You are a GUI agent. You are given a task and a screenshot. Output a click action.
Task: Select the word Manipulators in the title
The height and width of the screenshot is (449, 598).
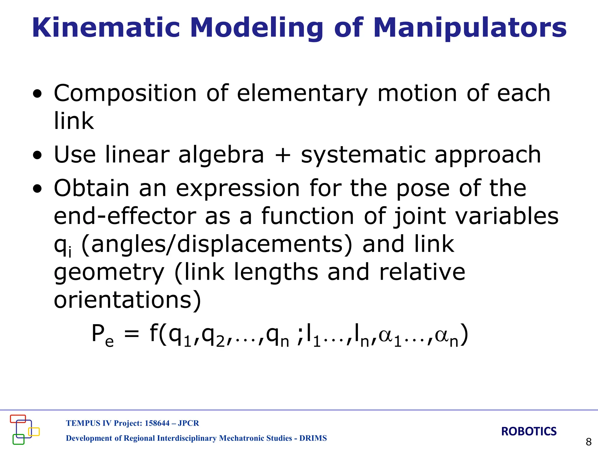click(470, 28)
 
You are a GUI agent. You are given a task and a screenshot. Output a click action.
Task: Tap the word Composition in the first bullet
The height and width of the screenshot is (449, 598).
click(125, 94)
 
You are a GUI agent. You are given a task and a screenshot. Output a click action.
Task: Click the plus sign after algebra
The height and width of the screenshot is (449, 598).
click(282, 155)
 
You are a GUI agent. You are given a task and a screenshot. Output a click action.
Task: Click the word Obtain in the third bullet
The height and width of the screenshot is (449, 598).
click(91, 188)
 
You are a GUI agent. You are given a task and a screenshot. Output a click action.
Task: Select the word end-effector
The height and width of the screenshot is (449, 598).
click(125, 216)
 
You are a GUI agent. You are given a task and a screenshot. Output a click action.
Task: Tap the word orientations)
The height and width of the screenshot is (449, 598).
click(128, 300)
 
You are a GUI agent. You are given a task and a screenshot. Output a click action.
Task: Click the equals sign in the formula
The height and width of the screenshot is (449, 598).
click(131, 334)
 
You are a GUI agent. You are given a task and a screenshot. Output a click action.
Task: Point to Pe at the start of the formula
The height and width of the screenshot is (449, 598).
click(102, 335)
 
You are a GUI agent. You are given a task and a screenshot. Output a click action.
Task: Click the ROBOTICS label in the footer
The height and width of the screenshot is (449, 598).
click(529, 431)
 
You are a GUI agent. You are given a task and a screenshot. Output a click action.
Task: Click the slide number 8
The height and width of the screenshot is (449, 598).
click(589, 441)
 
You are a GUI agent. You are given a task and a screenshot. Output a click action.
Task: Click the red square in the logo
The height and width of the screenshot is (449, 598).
click(18, 419)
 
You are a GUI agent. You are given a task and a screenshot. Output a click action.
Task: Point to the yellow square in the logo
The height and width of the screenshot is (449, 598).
click(34, 432)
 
